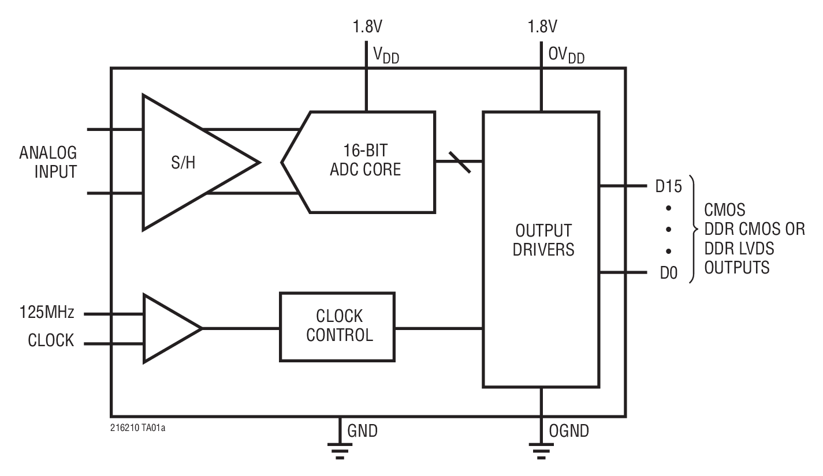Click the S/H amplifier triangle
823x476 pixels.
coord(185,163)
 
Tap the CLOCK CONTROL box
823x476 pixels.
coord(338,327)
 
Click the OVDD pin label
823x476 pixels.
coord(566,55)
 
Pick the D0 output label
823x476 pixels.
coord(669,272)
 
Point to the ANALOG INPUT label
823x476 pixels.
coord(48,162)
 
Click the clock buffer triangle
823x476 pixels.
coord(167,328)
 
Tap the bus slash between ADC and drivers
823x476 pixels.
coord(459,161)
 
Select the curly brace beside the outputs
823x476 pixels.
coord(695,229)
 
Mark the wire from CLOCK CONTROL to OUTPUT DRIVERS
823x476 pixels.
coord(439,328)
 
